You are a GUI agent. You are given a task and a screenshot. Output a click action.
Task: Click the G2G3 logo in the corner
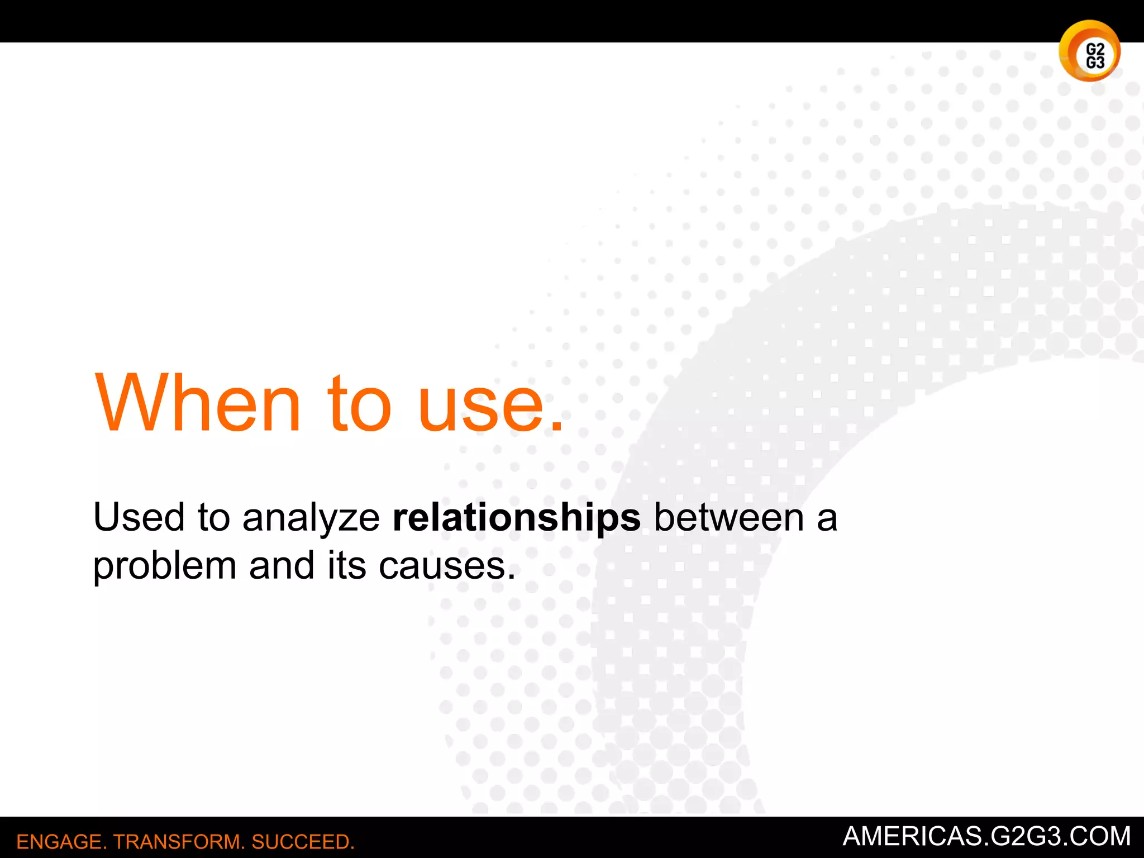(1089, 51)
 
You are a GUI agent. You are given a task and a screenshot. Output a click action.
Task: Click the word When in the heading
(198, 403)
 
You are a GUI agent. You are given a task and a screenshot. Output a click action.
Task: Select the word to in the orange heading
(359, 403)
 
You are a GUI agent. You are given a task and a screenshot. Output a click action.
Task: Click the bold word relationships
(517, 517)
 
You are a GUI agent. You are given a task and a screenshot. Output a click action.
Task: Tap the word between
(729, 517)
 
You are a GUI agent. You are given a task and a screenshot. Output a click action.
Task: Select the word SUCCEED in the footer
(302, 842)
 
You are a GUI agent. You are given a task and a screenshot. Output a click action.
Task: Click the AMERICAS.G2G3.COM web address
(986, 836)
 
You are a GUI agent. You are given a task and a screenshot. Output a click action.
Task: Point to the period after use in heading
(556, 427)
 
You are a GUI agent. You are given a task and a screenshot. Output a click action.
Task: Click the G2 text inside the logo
(1095, 49)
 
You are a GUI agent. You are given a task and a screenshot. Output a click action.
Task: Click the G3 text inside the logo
(1095, 62)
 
